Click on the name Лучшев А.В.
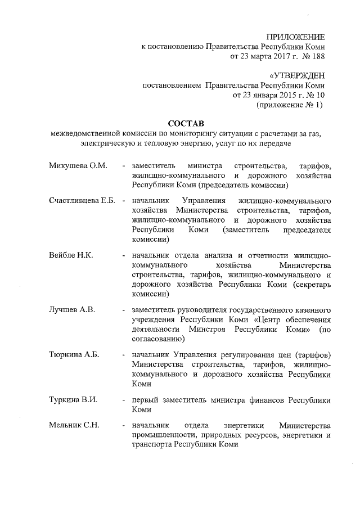point(71,310)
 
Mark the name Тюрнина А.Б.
point(74,355)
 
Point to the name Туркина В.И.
point(73,400)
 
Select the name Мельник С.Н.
point(74,425)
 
